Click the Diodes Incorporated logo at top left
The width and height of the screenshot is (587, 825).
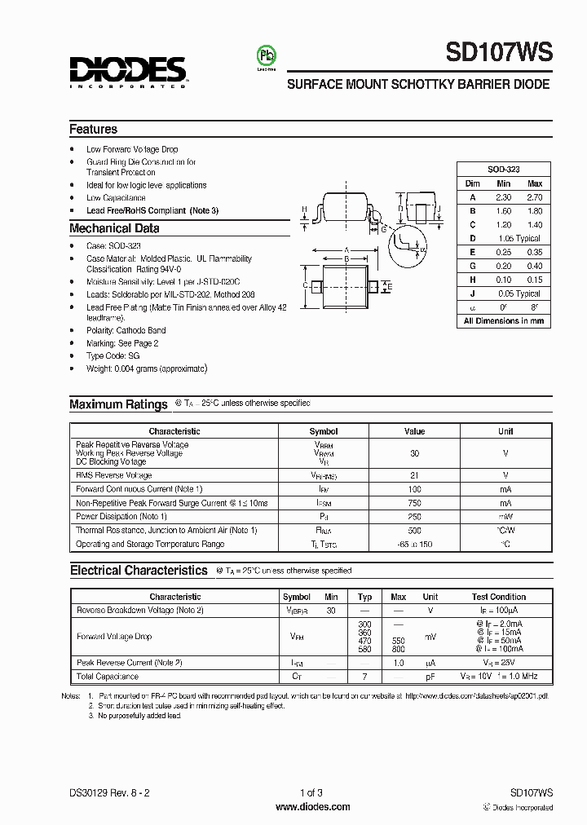pyautogui.click(x=128, y=71)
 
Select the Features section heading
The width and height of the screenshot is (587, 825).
pyautogui.click(x=93, y=129)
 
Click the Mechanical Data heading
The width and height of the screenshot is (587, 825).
pyautogui.click(x=114, y=228)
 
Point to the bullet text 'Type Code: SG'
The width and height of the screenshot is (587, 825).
pyautogui.click(x=113, y=356)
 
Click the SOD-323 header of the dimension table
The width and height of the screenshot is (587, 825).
pyautogui.click(x=503, y=170)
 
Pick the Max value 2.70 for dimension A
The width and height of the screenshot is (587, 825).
pyautogui.click(x=534, y=197)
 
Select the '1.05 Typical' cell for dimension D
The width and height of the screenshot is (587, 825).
pyautogui.click(x=519, y=239)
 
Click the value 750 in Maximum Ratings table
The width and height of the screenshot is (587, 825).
pyautogui.click(x=414, y=503)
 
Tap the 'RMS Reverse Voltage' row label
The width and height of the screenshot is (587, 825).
pyautogui.click(x=113, y=475)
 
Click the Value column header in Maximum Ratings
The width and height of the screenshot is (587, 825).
pyautogui.click(x=414, y=431)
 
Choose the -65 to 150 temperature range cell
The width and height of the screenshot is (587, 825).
pyautogui.click(x=414, y=544)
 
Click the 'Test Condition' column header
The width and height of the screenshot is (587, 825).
pyautogui.click(x=498, y=597)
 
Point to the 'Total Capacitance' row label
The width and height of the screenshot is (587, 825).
pyautogui.click(x=107, y=677)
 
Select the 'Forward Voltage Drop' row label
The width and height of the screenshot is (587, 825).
pyautogui.click(x=113, y=637)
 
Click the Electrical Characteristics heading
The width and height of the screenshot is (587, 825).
pyautogui.click(x=139, y=571)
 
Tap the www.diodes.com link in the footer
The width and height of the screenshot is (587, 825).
pyautogui.click(x=312, y=806)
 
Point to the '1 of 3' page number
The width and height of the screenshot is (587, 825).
pyautogui.click(x=311, y=792)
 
